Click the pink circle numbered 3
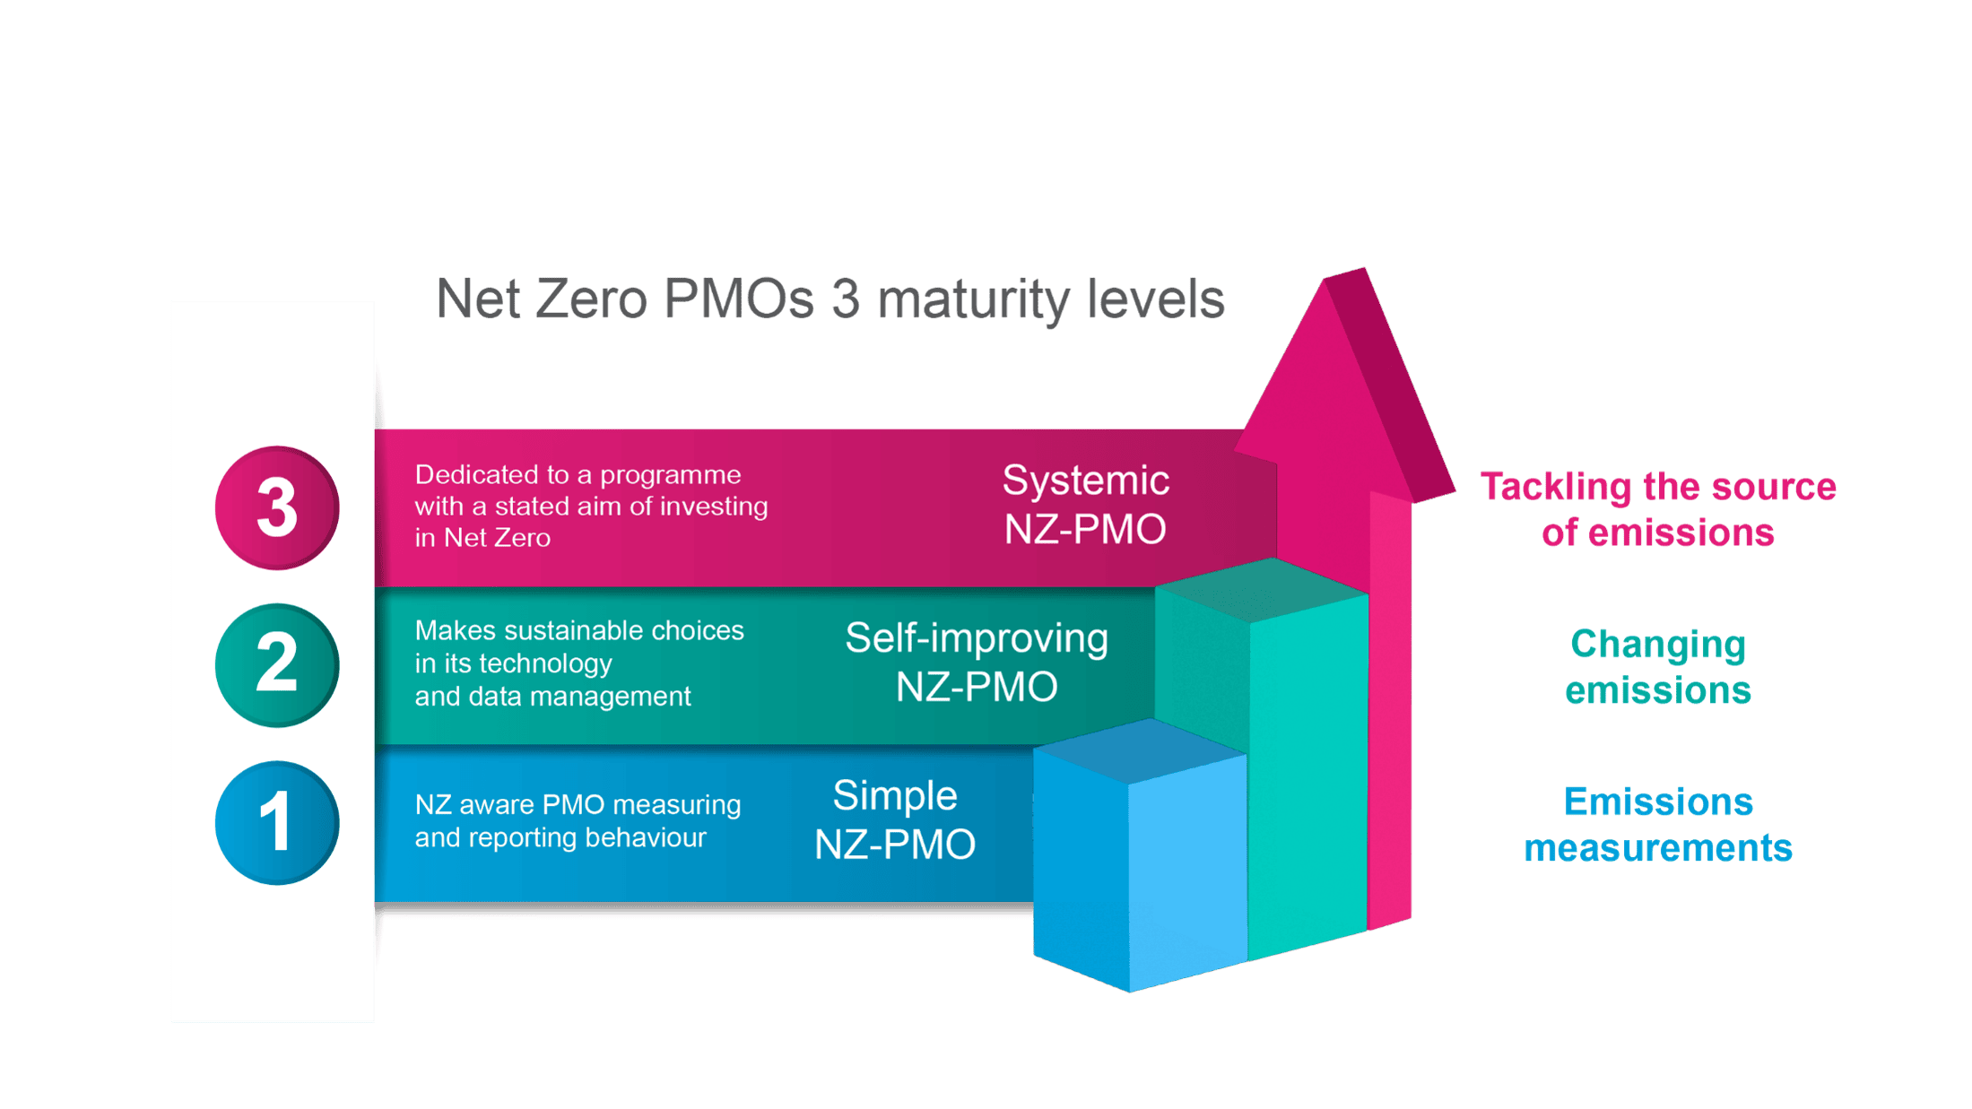tap(277, 507)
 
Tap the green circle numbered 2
tap(277, 664)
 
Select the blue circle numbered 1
tap(277, 822)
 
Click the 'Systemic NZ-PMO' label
tap(1085, 505)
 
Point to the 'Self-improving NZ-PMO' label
tap(977, 663)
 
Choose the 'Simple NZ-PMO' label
tap(894, 819)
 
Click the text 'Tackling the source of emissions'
tap(1658, 509)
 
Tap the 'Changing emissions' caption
tap(1658, 667)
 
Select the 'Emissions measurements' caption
tap(1658, 824)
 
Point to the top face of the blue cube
tap(1140, 751)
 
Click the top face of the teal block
tap(1262, 589)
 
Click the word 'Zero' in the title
tap(591, 299)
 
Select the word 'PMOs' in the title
tap(739, 299)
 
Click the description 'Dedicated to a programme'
tap(578, 474)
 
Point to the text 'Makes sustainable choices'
tap(579, 630)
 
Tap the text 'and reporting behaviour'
tap(560, 837)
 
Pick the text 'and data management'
tap(552, 697)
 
